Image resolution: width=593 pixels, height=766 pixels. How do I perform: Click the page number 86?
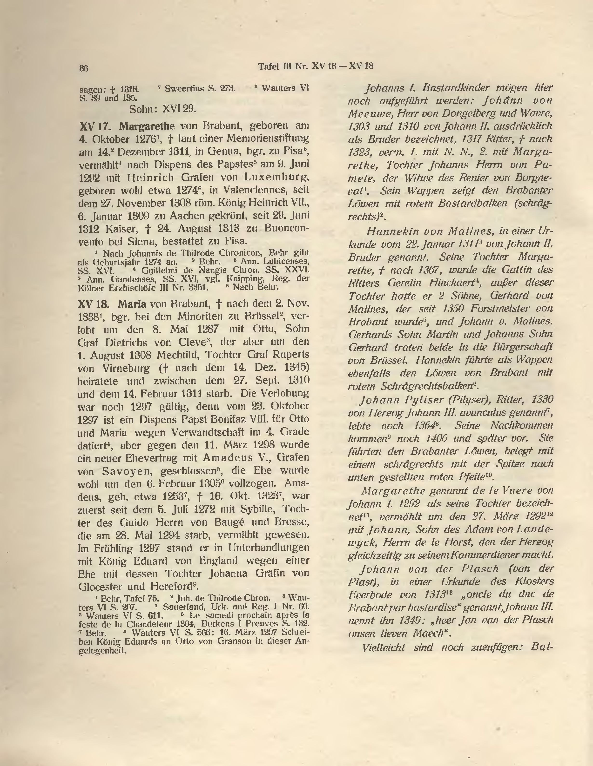[83, 68]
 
